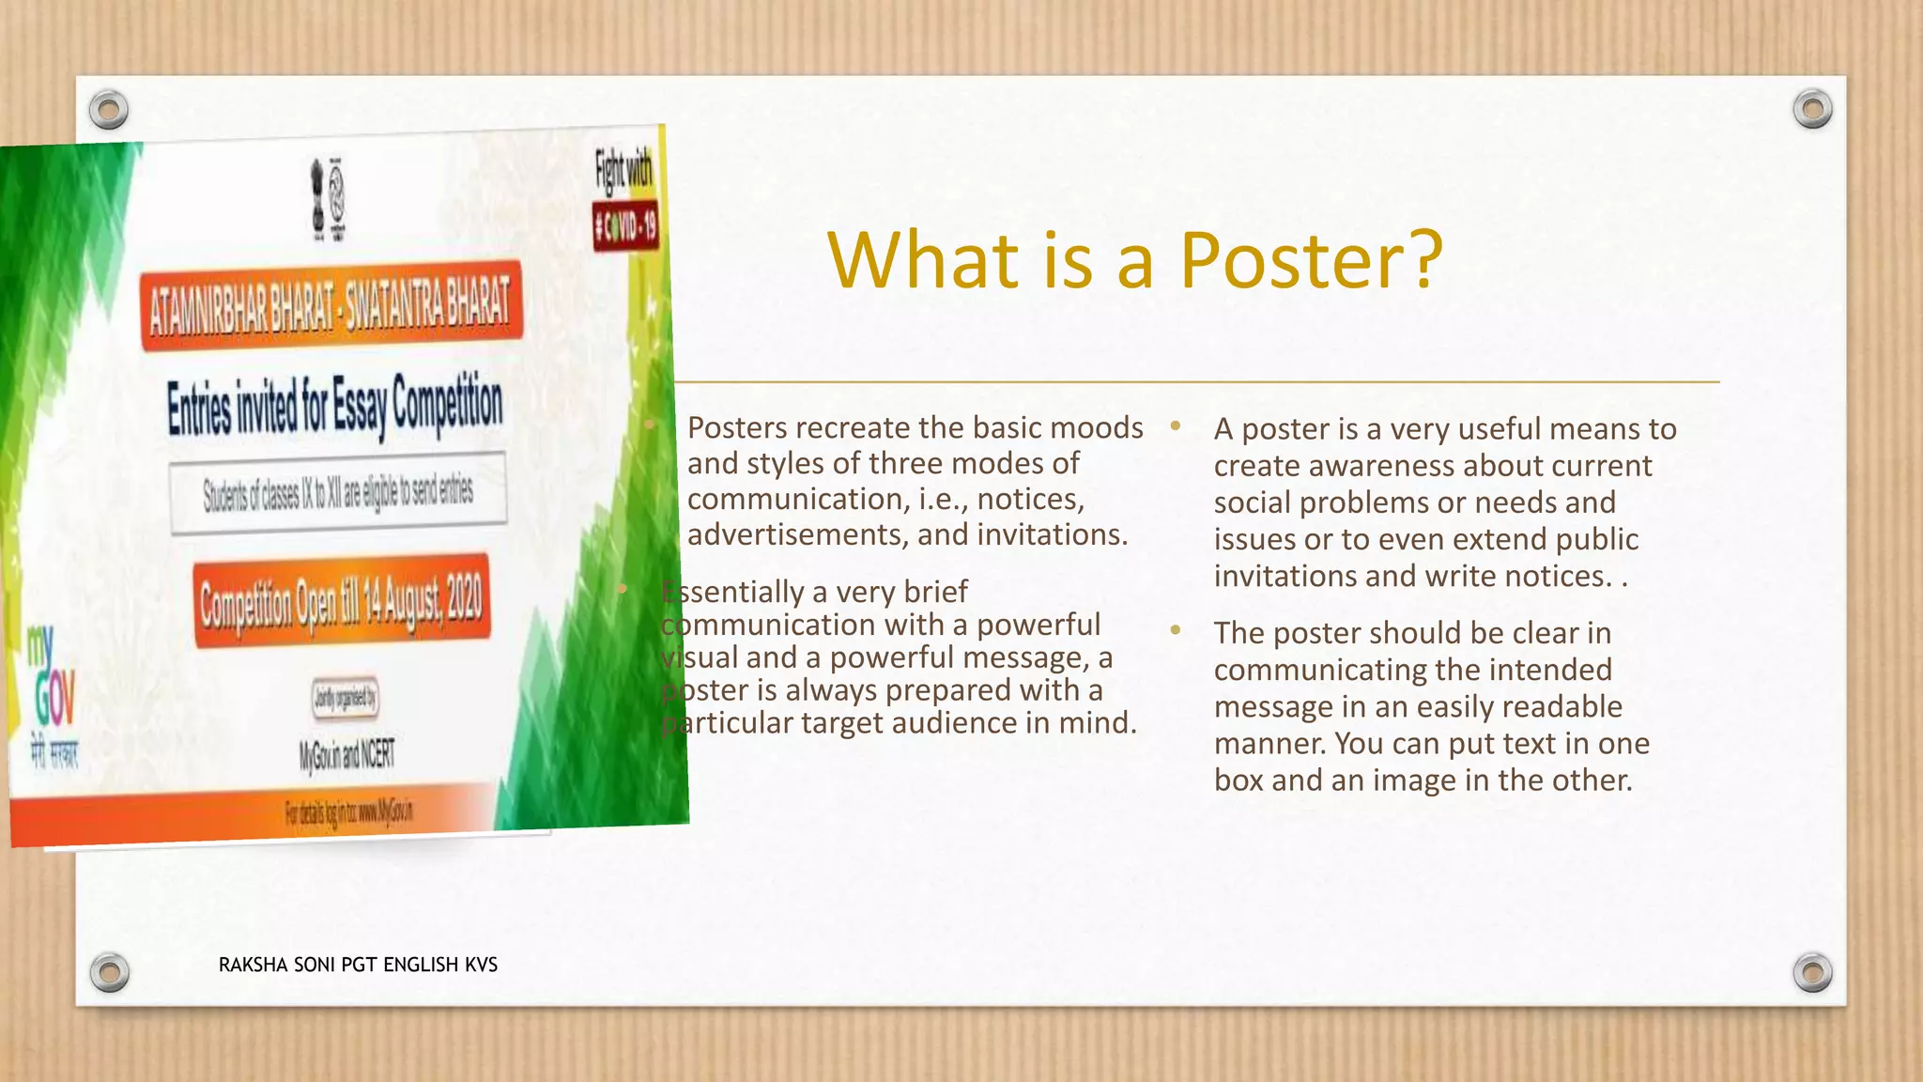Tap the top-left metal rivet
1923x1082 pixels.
tap(109, 110)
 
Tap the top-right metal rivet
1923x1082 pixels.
tap(1812, 109)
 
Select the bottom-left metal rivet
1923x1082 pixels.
tap(109, 971)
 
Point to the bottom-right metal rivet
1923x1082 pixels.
tap(1812, 972)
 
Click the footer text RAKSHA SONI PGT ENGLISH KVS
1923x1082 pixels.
tap(358, 965)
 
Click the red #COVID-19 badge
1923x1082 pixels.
tap(625, 226)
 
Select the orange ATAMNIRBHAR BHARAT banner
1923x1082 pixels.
tap(331, 305)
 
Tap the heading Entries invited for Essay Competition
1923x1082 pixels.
tap(335, 407)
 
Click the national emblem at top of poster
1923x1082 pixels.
tap(328, 198)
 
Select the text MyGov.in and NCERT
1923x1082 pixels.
tap(347, 754)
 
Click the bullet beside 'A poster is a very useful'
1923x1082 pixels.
tap(1175, 426)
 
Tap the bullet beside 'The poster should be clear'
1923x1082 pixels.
tap(1175, 630)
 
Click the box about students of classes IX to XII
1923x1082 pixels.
tap(338, 492)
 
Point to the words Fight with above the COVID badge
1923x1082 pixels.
tap(623, 171)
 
